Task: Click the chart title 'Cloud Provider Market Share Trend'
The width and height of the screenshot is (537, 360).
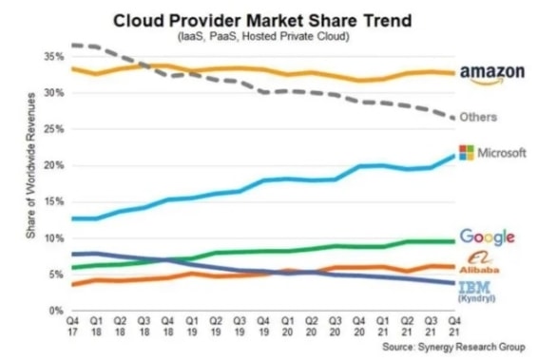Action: pos(268,19)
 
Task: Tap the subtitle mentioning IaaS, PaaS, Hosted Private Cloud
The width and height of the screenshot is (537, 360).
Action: pos(268,36)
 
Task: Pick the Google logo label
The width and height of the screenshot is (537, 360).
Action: pos(487,237)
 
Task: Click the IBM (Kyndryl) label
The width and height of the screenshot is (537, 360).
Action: pos(485,291)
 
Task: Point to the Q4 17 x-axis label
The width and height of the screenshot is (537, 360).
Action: pos(73,327)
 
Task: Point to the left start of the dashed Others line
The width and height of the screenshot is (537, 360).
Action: pos(73,45)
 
